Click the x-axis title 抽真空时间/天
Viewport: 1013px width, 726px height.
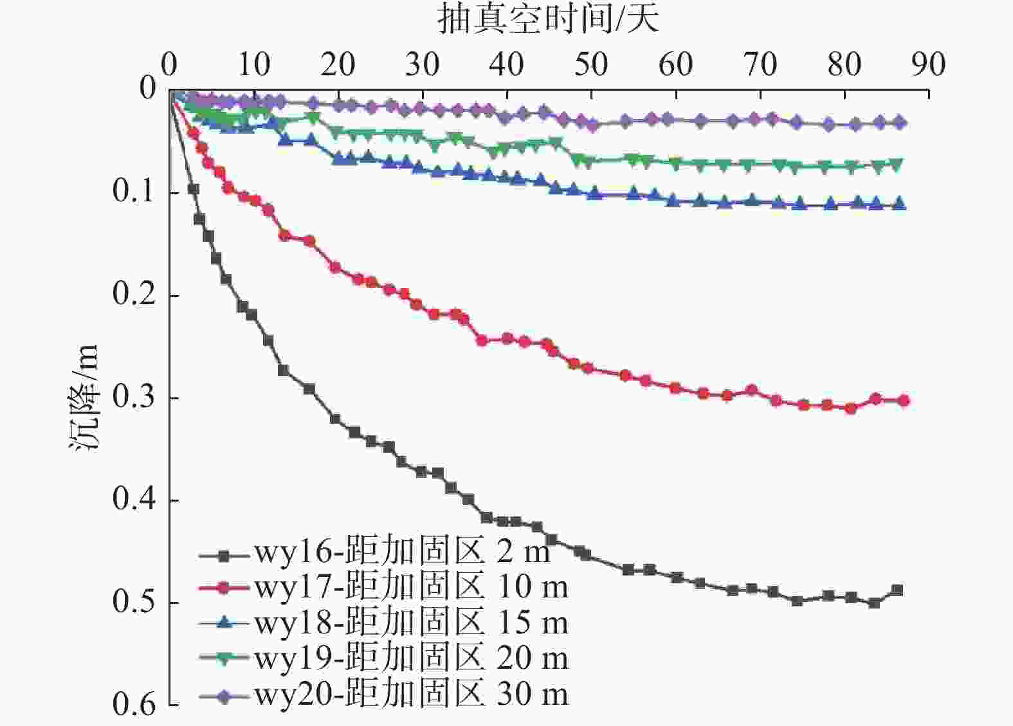548,19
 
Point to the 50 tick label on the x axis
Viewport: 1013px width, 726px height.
590,64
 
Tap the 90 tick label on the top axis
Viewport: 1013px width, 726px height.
928,64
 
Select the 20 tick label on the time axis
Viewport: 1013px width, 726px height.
338,64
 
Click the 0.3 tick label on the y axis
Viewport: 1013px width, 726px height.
134,397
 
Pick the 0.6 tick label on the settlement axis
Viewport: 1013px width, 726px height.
134,705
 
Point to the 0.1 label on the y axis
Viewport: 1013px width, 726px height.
134,192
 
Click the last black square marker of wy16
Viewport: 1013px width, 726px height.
897,590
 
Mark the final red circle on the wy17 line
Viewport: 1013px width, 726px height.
903,401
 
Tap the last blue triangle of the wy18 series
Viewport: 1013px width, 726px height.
900,204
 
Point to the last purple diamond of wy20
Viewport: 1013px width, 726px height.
901,123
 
